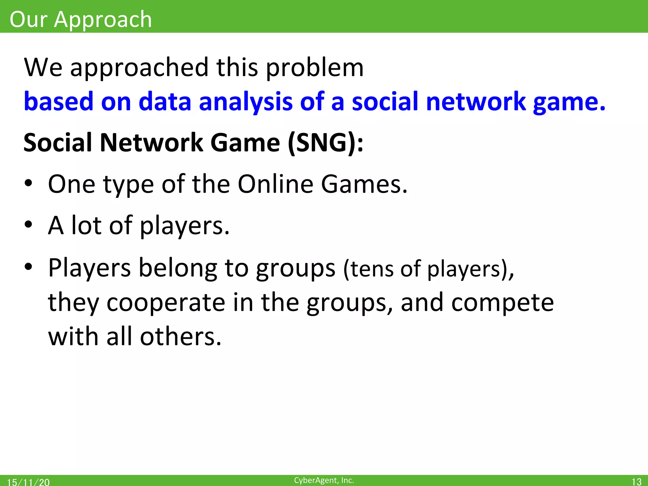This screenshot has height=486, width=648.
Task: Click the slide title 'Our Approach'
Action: (x=81, y=20)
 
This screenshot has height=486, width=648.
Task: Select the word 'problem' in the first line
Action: (x=315, y=68)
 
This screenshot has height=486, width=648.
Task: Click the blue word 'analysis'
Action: (x=246, y=102)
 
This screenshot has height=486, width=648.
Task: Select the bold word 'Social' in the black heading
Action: (x=57, y=143)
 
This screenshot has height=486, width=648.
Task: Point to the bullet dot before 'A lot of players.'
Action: (x=28, y=225)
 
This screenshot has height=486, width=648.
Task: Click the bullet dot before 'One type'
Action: (x=28, y=184)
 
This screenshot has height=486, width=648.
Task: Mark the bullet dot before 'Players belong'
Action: (x=28, y=267)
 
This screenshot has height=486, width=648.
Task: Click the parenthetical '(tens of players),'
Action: (x=429, y=269)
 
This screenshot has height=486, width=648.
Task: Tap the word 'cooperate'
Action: (x=166, y=303)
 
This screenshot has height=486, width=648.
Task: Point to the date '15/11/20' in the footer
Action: (x=28, y=482)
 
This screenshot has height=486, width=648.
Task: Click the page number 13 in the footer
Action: (x=636, y=482)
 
